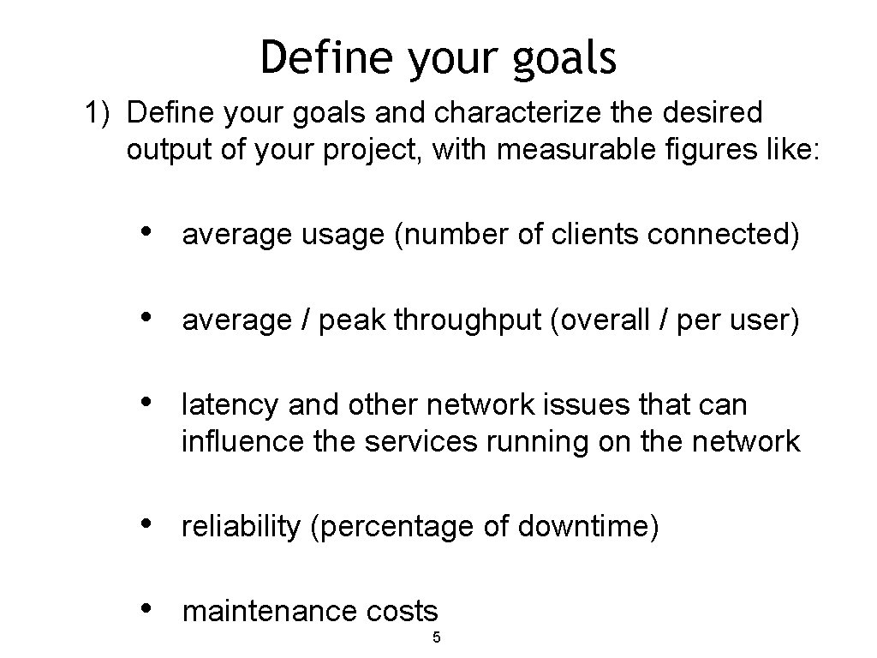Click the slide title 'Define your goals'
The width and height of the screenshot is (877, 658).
438,57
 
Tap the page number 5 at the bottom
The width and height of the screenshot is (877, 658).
436,637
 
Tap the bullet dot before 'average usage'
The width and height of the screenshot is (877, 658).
146,231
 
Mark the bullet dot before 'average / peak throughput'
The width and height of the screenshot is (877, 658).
146,318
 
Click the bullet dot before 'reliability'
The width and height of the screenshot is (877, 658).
146,523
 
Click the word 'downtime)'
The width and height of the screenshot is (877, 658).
588,527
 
